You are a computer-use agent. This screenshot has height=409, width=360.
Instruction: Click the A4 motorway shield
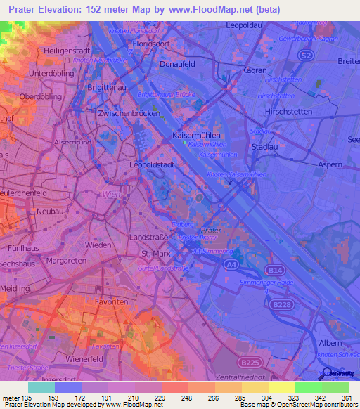[231, 264]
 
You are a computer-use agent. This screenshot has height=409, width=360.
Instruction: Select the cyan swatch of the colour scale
[41, 387]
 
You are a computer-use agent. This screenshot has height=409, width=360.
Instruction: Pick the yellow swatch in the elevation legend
[282, 387]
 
